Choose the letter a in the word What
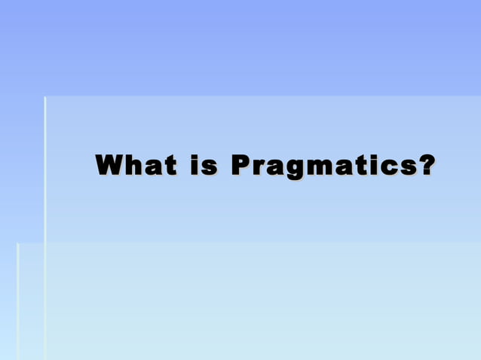pyautogui.click(x=155, y=166)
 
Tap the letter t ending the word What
pyautogui.click(x=172, y=165)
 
